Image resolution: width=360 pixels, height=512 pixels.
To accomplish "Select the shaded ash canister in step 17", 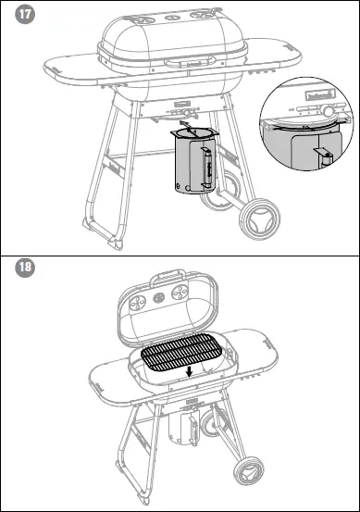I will click(194, 165).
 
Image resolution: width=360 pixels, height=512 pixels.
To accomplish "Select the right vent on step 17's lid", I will click(201, 16).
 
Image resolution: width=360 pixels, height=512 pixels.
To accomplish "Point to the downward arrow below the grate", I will click(190, 372).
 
